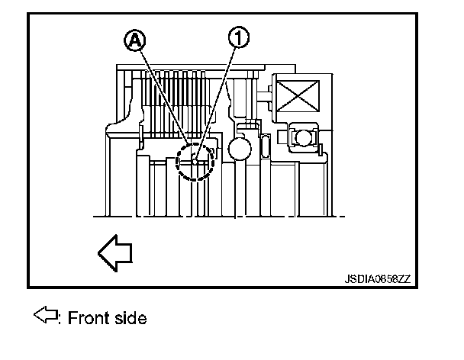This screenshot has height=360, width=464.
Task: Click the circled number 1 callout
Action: [239, 35]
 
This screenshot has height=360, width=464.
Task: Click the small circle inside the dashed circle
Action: [195, 161]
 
